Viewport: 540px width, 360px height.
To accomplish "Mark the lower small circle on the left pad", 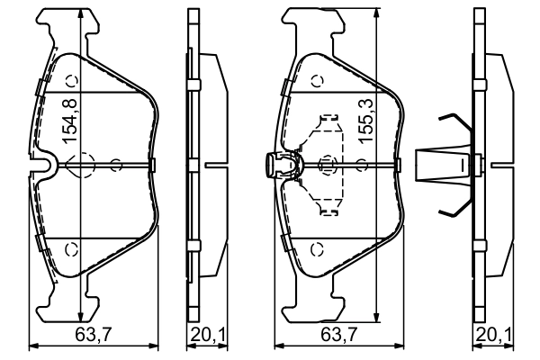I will point(74,247).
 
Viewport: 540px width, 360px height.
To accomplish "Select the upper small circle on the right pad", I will point(316,80).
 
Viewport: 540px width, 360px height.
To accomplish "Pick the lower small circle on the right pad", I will point(316,247).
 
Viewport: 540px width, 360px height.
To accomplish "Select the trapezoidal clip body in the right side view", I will point(441,165).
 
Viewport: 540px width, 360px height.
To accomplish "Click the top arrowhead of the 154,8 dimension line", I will point(81,11).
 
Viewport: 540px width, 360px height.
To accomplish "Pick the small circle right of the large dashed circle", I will point(116,165).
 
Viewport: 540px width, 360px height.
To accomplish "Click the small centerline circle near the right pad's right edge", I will point(361,165).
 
